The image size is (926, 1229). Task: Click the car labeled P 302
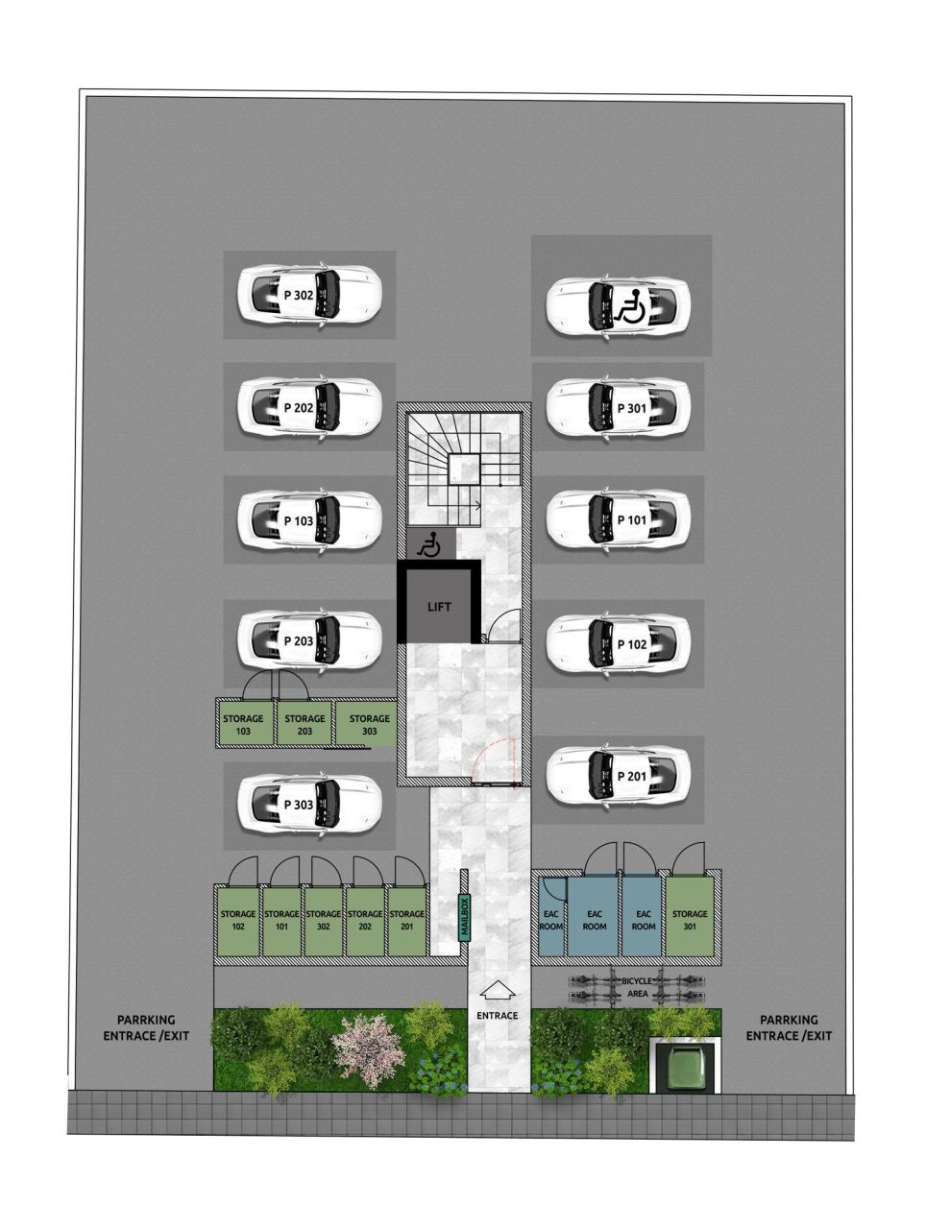pos(309,295)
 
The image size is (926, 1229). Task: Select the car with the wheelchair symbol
pos(618,306)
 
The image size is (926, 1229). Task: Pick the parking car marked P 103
pos(309,519)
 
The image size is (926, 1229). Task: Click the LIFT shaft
pos(439,606)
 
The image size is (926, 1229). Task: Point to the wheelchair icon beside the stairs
pos(428,545)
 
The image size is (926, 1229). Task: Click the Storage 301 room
pos(690,919)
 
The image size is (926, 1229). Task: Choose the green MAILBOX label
pos(464,917)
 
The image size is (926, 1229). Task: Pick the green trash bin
pos(687,1067)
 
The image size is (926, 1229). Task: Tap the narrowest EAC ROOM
pos(551,919)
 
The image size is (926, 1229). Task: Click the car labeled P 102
pos(618,643)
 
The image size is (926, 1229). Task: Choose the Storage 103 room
pos(243,724)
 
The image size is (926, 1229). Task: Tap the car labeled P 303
pos(309,803)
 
